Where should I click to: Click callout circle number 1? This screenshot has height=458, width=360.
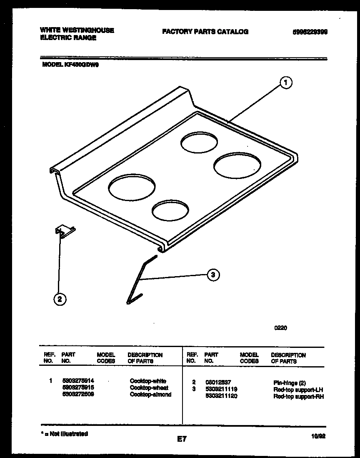(x=285, y=83)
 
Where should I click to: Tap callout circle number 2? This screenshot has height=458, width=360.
(x=60, y=299)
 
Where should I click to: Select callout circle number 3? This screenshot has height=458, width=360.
(x=213, y=274)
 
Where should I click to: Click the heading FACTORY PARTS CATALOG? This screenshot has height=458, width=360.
(x=205, y=31)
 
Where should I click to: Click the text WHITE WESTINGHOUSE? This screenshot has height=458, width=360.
(x=77, y=30)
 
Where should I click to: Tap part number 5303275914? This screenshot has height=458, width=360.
(x=77, y=381)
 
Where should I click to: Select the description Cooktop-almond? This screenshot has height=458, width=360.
(x=150, y=395)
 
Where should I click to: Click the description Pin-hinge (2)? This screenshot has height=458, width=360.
(x=290, y=382)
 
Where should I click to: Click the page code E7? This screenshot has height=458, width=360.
(x=181, y=439)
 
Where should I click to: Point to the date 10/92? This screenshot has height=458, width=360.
(x=318, y=436)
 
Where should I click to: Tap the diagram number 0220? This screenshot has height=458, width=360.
(x=280, y=328)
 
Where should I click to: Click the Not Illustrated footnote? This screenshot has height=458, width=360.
(x=64, y=434)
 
